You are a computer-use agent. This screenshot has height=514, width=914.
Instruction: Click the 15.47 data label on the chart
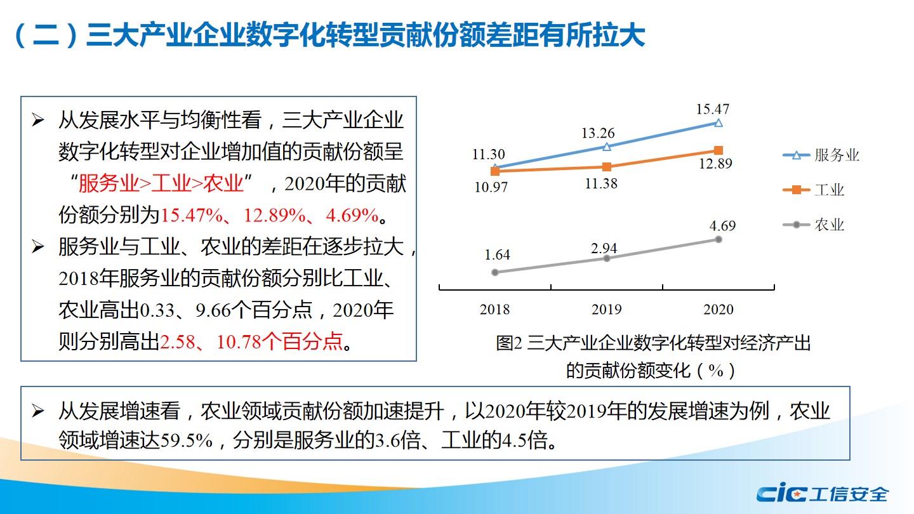coord(712,109)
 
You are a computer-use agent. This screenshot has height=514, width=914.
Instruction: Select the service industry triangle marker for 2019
coord(606,147)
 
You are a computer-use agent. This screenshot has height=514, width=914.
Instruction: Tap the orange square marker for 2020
coord(718,150)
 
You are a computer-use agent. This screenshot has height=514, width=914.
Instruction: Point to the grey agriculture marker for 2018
coord(495,272)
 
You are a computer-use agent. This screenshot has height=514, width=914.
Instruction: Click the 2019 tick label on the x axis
coord(606,310)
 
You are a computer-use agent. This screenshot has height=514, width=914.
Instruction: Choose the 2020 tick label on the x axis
coord(718,310)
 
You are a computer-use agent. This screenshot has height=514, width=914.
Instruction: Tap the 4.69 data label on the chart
coord(722,226)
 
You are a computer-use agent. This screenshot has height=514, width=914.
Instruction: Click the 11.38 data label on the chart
coord(601,184)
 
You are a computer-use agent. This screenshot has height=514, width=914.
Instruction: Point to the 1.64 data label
coord(496,255)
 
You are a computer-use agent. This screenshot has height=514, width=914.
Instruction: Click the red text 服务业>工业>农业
coord(161,184)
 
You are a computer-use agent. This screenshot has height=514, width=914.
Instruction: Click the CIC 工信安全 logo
coord(822,493)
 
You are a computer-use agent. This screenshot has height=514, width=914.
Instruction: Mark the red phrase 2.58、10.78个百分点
coord(251,343)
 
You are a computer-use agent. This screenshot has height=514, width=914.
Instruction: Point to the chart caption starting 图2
coord(653,343)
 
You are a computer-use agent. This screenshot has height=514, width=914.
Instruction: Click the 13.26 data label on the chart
coord(597,134)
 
